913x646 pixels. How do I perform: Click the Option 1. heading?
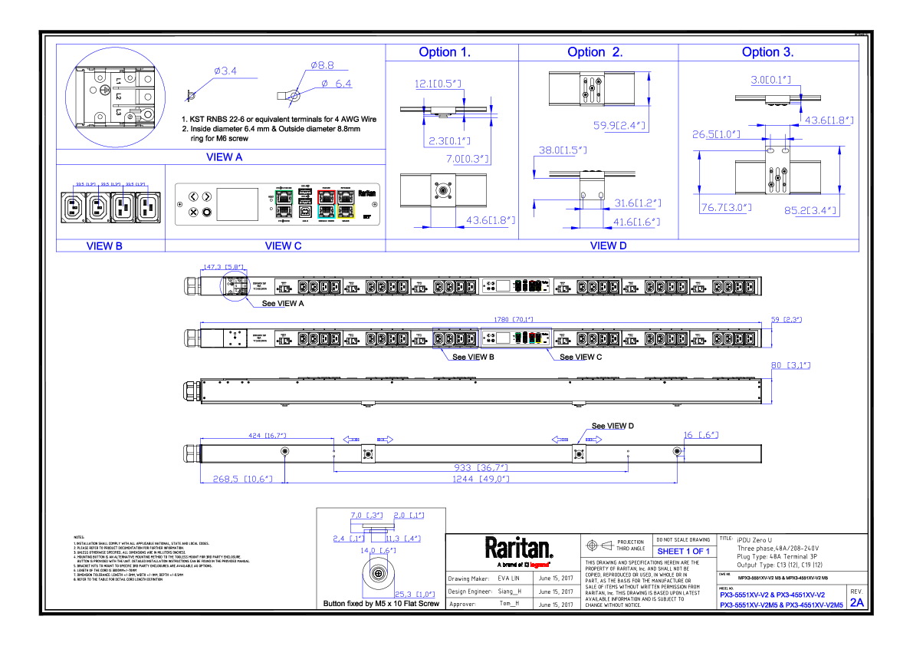[445, 52]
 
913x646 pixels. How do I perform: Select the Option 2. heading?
[595, 52]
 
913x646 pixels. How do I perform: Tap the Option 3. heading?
[767, 52]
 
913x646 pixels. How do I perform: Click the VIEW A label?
[225, 157]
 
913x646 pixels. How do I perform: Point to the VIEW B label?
[104, 246]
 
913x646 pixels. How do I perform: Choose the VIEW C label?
[284, 246]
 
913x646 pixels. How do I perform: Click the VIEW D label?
[609, 246]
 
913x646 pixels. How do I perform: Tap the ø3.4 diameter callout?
[225, 72]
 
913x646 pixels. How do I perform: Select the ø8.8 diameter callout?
[322, 66]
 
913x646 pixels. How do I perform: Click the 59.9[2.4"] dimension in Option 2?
[619, 126]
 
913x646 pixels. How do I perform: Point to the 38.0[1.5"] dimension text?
[563, 151]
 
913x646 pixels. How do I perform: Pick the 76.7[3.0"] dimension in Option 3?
[726, 208]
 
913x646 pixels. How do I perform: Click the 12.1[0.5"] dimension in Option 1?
[438, 84]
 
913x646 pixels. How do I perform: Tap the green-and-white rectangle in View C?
[284, 204]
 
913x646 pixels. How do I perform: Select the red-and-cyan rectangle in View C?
[327, 204]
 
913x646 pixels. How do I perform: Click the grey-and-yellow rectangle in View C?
[346, 204]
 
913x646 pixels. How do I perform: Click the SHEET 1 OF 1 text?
[684, 552]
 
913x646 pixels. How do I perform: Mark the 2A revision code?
[857, 603]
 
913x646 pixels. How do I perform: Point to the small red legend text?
[539, 565]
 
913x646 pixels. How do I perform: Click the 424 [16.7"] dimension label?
[267, 436]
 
